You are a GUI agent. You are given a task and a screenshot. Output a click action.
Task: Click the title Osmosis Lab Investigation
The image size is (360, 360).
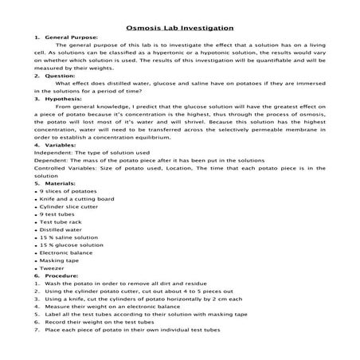tap(179, 25)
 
